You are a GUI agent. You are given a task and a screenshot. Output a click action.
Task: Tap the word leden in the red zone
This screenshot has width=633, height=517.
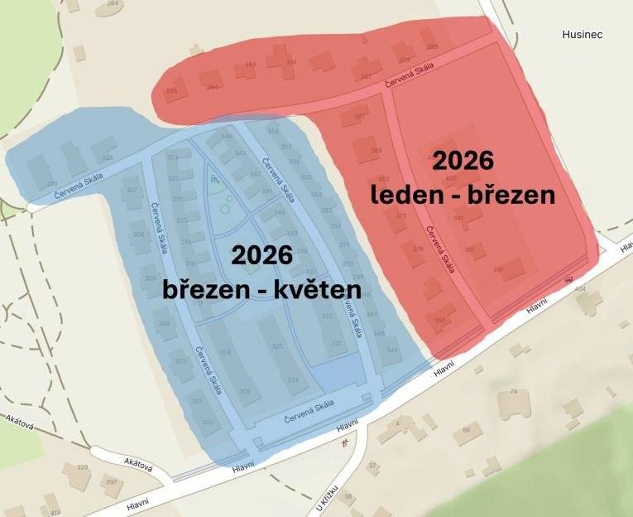[x=400, y=196]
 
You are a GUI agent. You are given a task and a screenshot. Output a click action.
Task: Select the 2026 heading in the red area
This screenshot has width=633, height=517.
[x=463, y=160]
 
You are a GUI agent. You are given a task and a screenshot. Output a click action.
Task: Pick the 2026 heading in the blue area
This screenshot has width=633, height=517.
[x=261, y=254]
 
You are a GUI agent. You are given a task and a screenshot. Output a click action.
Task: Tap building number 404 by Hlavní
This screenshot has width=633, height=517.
[x=579, y=289]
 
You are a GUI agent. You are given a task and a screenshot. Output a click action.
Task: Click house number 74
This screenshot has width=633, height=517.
[x=513, y=391]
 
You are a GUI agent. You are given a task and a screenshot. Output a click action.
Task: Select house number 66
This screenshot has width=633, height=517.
[x=467, y=430]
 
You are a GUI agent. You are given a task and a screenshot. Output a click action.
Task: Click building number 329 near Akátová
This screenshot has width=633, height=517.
[x=82, y=468]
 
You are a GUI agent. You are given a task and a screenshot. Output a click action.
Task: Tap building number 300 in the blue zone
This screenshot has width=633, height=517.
[x=207, y=422]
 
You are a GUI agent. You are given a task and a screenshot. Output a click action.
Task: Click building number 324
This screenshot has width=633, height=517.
[x=293, y=380]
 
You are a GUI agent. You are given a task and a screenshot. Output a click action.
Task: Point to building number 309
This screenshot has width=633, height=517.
[x=225, y=353]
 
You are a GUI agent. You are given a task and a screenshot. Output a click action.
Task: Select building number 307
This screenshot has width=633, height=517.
[x=131, y=191]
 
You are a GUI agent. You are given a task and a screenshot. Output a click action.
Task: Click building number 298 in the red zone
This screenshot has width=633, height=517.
[x=171, y=90]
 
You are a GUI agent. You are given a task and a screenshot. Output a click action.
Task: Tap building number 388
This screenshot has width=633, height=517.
[x=376, y=151]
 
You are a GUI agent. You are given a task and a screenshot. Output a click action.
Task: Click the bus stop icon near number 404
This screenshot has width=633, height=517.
[x=568, y=280]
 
